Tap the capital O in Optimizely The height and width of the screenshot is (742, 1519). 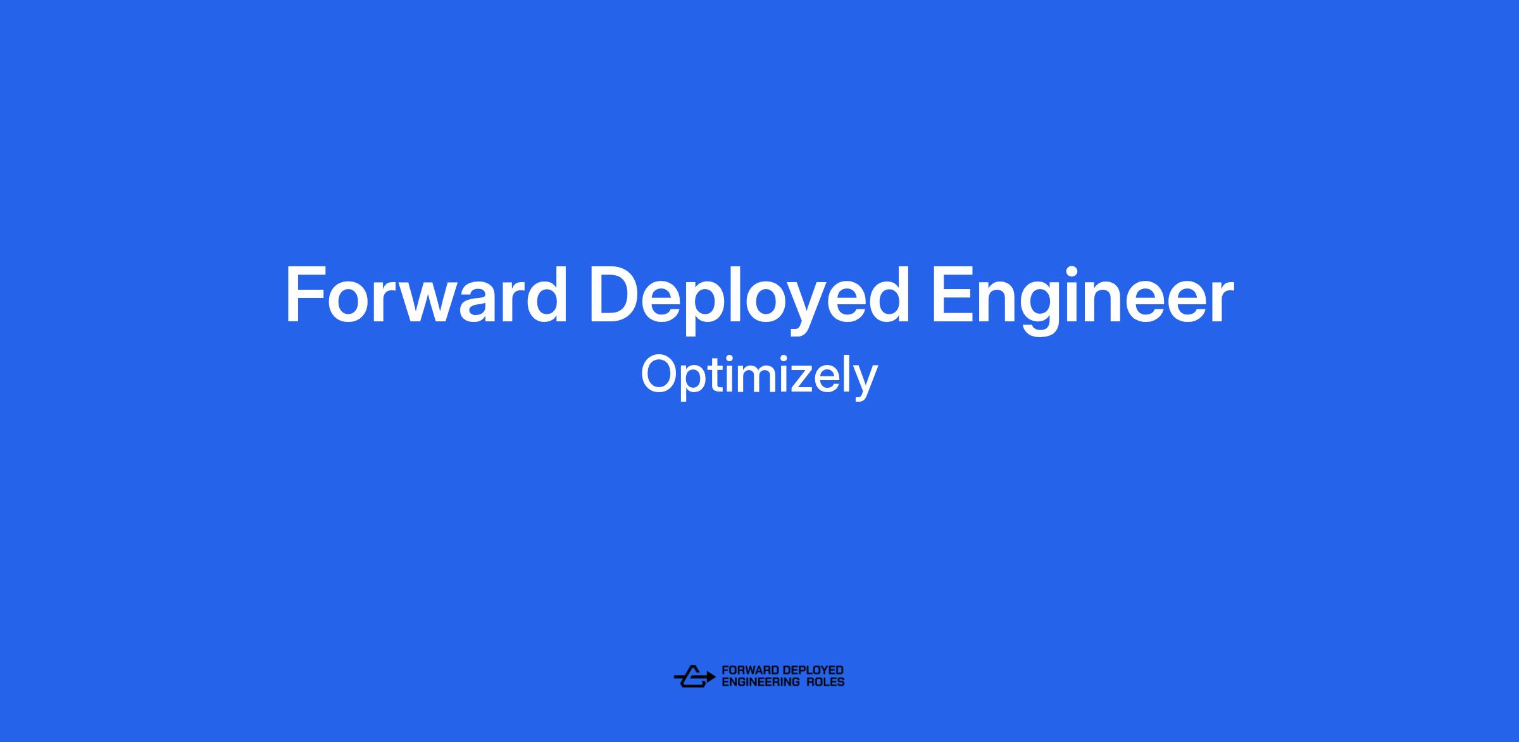coord(661,375)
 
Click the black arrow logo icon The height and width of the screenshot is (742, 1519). coord(694,676)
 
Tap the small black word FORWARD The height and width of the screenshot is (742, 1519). coord(751,671)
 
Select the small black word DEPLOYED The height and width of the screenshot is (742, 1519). coord(813,671)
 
